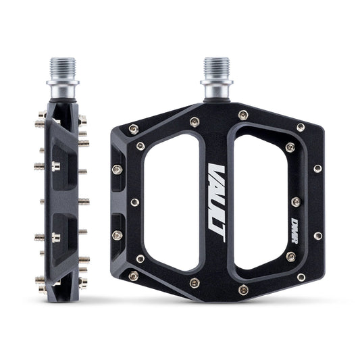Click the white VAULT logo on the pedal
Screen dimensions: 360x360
(x=216, y=199)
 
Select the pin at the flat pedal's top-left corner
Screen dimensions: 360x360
(x=134, y=128)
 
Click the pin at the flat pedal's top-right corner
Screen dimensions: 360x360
(x=301, y=127)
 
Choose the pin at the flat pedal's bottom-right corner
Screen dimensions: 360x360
(x=301, y=276)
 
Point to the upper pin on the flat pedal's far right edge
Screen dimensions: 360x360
(x=317, y=168)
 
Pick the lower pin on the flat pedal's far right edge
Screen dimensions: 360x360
(x=317, y=236)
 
